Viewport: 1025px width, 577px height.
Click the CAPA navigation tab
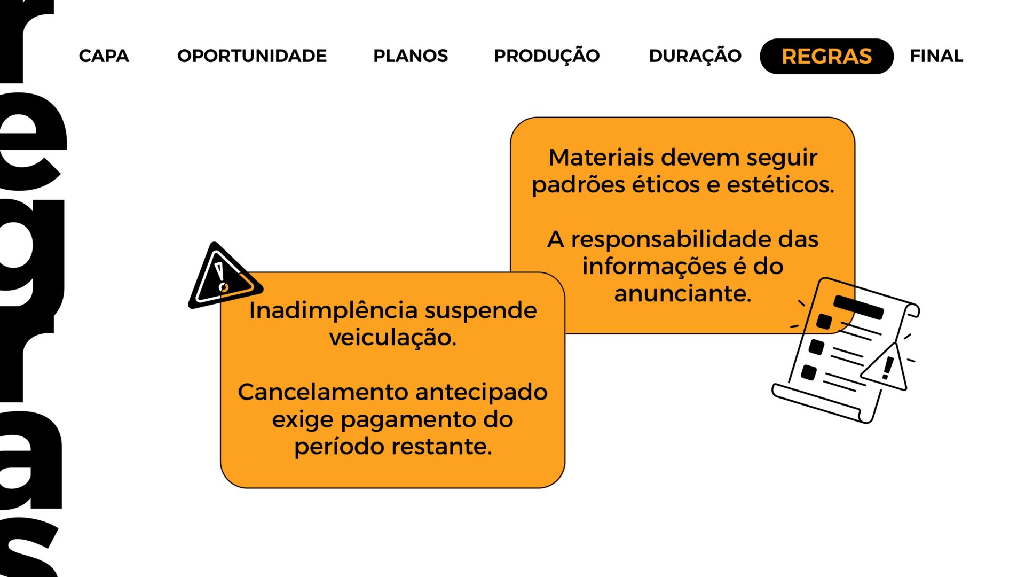(x=104, y=56)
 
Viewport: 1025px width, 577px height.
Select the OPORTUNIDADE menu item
(x=252, y=56)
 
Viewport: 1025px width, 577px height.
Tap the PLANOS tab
(x=411, y=56)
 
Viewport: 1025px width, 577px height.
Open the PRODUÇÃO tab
(x=547, y=56)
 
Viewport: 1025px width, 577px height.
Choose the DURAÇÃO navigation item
(x=695, y=56)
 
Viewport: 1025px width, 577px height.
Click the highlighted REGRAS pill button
(x=826, y=56)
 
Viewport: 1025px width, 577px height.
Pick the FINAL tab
(x=936, y=56)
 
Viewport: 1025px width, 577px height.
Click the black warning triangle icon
(x=224, y=277)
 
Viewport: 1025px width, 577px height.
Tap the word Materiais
(x=602, y=158)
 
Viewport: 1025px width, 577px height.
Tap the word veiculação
(x=393, y=338)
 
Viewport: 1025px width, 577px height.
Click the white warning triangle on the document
(x=885, y=368)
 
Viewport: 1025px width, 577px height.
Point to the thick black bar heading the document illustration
(x=858, y=307)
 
